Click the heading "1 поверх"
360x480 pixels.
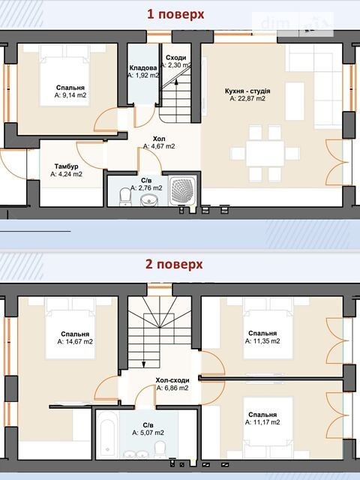(x=175, y=15)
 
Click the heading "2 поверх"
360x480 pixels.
(x=174, y=265)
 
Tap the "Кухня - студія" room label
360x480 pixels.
(x=247, y=91)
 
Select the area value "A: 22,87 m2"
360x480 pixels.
(x=247, y=98)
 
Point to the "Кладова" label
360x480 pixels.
(x=143, y=67)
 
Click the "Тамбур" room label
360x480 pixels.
(x=67, y=166)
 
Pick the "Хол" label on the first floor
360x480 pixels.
(x=159, y=139)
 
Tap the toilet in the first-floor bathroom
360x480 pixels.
(x=125, y=196)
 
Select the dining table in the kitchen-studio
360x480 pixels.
(x=265, y=153)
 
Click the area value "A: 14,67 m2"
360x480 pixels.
(x=75, y=342)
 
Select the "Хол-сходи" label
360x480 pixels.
(x=172, y=380)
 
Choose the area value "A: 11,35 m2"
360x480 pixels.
(x=262, y=341)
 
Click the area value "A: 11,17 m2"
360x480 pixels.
(x=262, y=422)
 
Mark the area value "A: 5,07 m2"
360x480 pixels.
(x=148, y=433)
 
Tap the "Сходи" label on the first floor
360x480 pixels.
(x=176, y=58)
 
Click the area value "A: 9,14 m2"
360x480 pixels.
(x=70, y=95)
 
